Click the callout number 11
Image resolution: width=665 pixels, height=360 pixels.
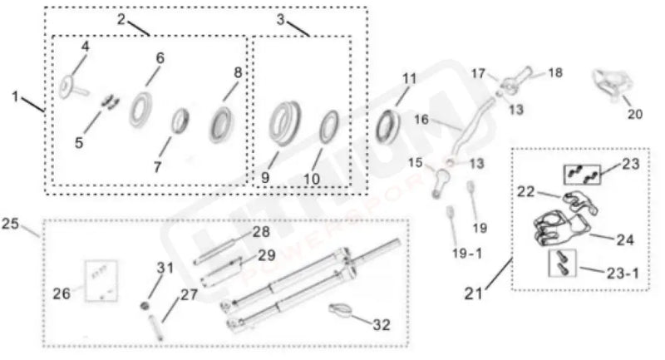(x=408, y=78)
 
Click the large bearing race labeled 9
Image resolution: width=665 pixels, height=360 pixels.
(x=285, y=121)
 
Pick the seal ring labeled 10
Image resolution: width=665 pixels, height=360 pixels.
(x=328, y=125)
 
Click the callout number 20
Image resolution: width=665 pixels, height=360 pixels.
(x=635, y=114)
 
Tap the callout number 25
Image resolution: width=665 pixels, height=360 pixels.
(x=11, y=224)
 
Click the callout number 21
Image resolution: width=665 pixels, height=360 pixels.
(x=474, y=293)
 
